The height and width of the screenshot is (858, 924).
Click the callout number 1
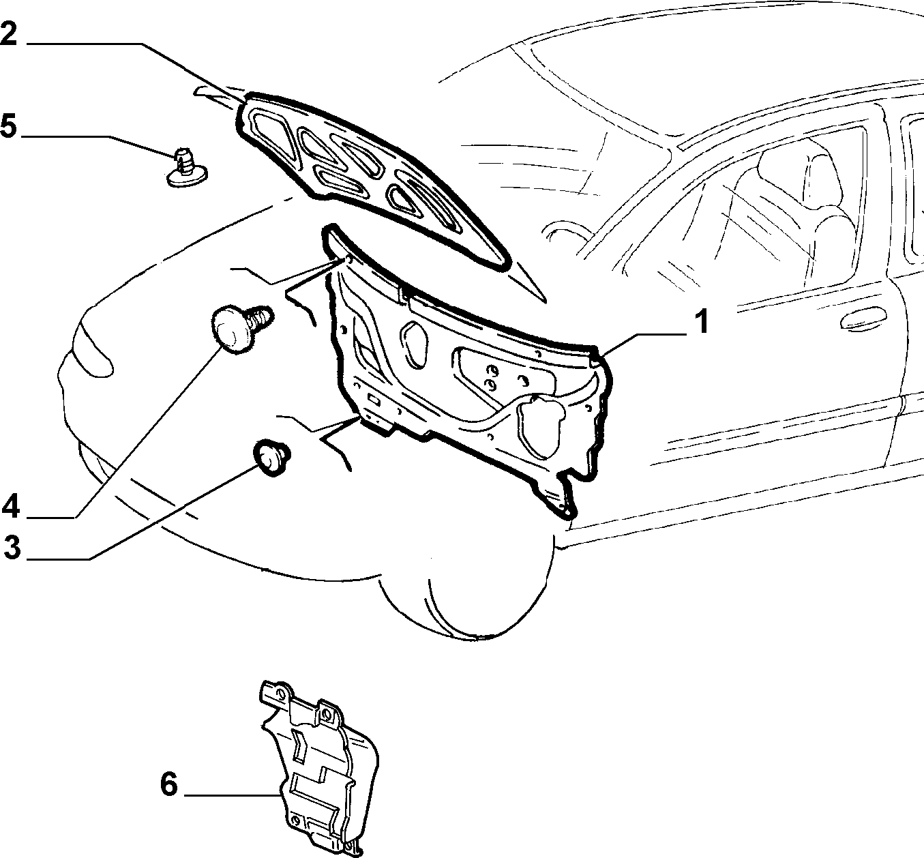point(701,321)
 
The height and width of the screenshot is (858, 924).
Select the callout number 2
point(9,33)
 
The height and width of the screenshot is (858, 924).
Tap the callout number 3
point(12,548)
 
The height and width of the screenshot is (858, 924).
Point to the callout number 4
point(11,506)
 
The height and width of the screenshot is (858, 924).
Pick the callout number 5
point(8,125)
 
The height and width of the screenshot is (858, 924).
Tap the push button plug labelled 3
point(271,457)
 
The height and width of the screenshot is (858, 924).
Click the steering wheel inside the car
point(565,235)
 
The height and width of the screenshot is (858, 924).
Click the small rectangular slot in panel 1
point(374,399)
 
